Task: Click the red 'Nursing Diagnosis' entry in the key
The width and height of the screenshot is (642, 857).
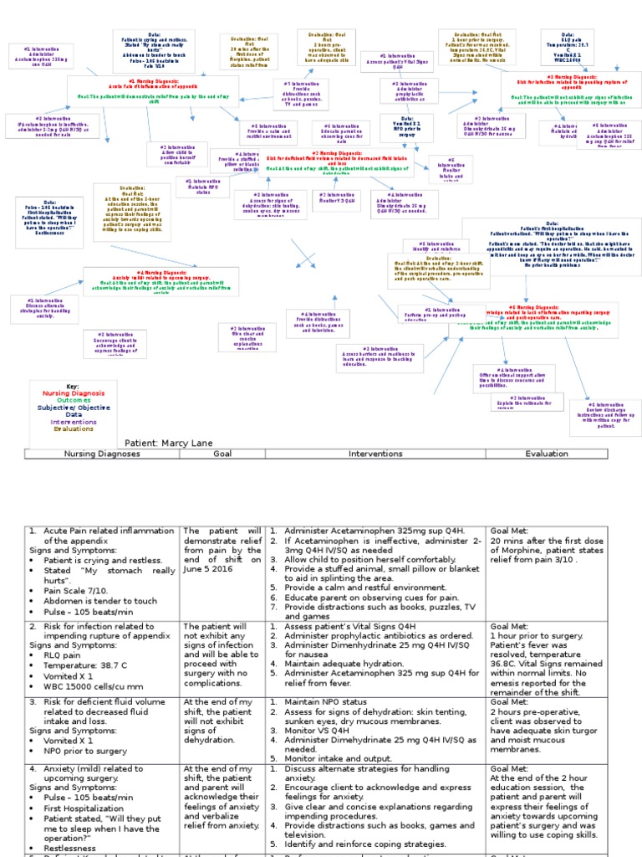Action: [x=74, y=393]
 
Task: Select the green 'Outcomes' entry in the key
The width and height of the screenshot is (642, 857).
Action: [x=74, y=400]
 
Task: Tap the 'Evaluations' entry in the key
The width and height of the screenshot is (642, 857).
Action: [x=74, y=428]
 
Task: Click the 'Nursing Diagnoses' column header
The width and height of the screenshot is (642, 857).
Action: [x=101, y=454]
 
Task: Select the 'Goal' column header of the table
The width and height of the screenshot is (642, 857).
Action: [x=222, y=454]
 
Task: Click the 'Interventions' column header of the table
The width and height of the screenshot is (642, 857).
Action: [x=374, y=454]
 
